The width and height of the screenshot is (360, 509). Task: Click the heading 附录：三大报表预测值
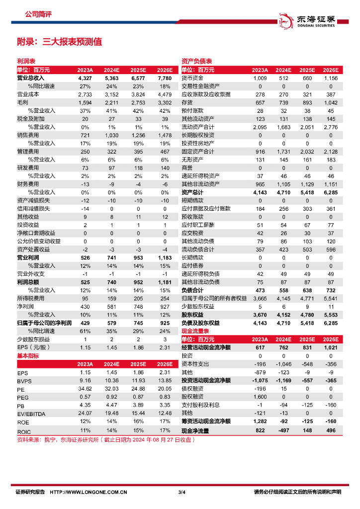59,42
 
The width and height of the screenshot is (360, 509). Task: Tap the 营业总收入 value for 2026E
165,79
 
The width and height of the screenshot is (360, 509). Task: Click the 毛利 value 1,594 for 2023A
85,102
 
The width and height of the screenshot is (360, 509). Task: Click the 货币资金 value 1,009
260,79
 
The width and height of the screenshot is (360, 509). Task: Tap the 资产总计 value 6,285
330,192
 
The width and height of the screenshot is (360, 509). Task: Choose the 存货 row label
187,102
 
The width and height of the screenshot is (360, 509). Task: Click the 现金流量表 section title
194,331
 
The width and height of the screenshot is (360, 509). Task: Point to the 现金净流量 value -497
284,431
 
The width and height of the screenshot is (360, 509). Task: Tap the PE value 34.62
85,389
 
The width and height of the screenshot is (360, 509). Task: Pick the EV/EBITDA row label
31,414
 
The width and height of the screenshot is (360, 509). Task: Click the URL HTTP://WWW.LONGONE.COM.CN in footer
89,492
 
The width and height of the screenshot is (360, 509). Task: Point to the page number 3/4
181,492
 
